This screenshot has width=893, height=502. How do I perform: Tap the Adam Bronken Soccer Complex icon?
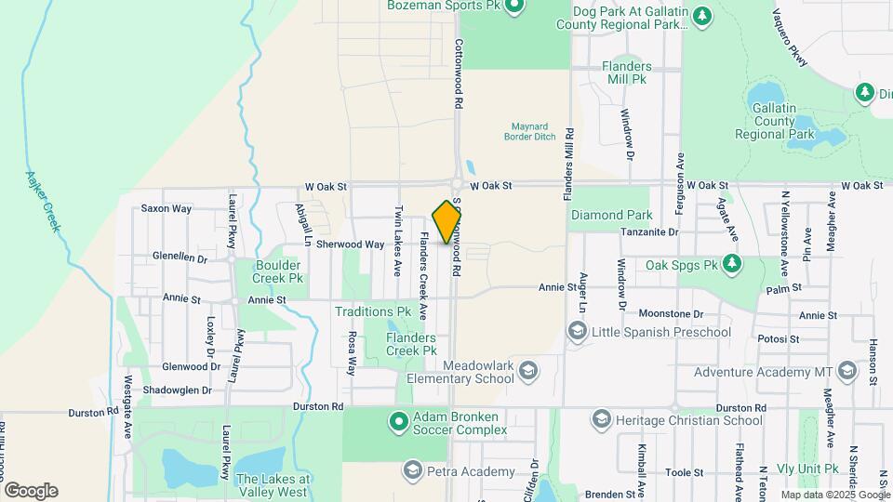399,422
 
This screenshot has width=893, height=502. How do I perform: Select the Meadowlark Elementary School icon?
528,372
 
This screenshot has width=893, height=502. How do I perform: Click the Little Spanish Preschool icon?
577,332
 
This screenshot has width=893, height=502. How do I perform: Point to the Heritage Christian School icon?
600,420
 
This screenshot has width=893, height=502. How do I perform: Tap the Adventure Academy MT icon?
846,372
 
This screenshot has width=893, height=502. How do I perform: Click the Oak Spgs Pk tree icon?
731,265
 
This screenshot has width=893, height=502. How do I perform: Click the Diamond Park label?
611,215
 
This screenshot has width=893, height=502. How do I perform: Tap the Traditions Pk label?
373,312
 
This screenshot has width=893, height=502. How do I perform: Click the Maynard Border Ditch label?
533,131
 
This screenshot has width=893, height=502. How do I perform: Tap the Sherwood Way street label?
350,244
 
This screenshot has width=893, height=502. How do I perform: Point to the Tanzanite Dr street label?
650,231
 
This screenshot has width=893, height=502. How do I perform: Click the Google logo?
31,490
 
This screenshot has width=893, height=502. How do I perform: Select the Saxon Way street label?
167,208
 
